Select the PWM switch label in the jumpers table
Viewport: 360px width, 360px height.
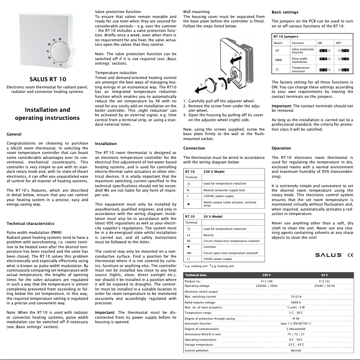click(x=278, y=60)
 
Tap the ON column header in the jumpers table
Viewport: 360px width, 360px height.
click(x=320, y=43)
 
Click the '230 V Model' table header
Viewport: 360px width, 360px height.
click(x=216, y=172)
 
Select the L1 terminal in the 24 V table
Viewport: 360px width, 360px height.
click(x=189, y=259)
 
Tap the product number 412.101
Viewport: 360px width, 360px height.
click(x=324, y=281)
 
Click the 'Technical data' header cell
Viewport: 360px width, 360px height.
click(x=196, y=274)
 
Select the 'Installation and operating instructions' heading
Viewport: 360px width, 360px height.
click(x=47, y=114)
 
